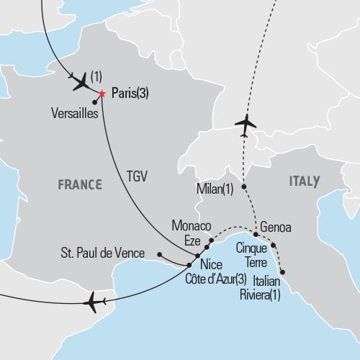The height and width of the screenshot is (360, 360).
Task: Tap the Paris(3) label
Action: [132, 94]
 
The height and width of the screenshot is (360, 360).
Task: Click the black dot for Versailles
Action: [95, 102]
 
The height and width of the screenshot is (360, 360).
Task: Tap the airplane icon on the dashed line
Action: [246, 123]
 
